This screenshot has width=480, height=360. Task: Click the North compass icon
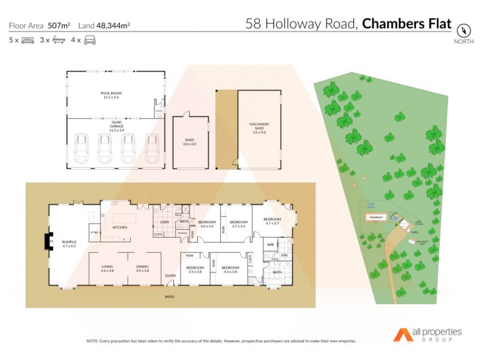[x=463, y=30]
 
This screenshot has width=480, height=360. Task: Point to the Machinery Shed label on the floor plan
[x=259, y=126]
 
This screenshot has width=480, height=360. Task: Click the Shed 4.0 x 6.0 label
[x=190, y=142]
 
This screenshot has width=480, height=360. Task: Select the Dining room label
[x=142, y=269]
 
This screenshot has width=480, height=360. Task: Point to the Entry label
[x=171, y=276]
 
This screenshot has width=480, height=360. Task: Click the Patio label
[x=170, y=297]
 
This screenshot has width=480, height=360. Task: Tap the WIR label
[x=271, y=245]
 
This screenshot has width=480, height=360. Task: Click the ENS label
[x=284, y=255]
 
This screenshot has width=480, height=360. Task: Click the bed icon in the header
[x=28, y=40]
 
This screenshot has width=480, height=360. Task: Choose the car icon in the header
[x=90, y=40]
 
